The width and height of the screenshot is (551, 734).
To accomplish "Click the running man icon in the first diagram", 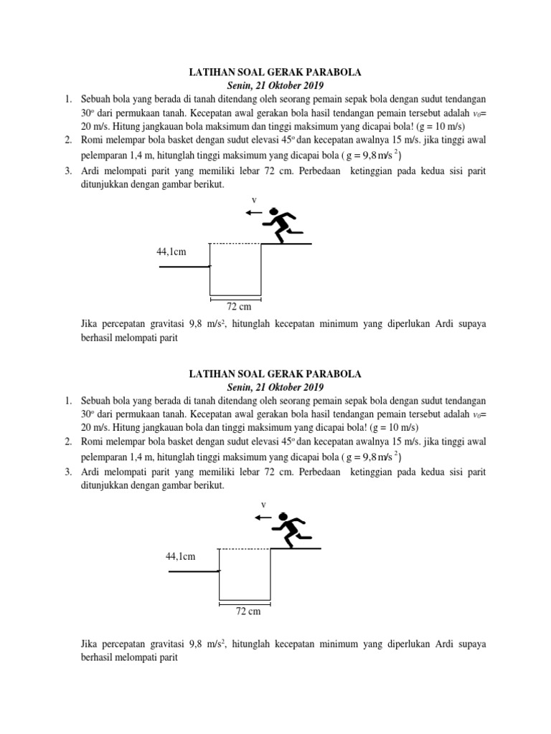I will click(x=281, y=224).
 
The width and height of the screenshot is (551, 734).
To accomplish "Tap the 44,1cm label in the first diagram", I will click(x=171, y=252).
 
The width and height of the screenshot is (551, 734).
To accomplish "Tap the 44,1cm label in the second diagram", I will click(x=181, y=556).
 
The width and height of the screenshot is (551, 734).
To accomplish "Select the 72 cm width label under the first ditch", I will click(x=239, y=307).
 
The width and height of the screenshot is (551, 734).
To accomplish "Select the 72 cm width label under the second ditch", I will click(x=248, y=611).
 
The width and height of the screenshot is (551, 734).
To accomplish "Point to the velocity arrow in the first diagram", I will click(x=253, y=213).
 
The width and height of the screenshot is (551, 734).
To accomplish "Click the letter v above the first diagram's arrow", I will click(x=253, y=200).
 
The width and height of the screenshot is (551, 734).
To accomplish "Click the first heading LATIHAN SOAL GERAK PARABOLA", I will click(x=275, y=72).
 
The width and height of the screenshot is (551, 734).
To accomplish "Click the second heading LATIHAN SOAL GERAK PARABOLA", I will click(x=275, y=374).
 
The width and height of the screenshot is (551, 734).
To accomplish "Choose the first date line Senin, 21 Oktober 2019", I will click(x=275, y=85).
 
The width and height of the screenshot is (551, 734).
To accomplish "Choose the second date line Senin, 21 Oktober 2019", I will click(x=275, y=388).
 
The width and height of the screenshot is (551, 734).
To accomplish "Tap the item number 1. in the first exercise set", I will click(x=69, y=99).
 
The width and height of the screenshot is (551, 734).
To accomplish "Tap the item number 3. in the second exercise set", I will click(x=69, y=472).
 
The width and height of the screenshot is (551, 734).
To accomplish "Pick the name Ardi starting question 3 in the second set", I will click(x=93, y=472).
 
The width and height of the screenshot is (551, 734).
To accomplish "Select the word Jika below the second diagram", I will click(x=92, y=644).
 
